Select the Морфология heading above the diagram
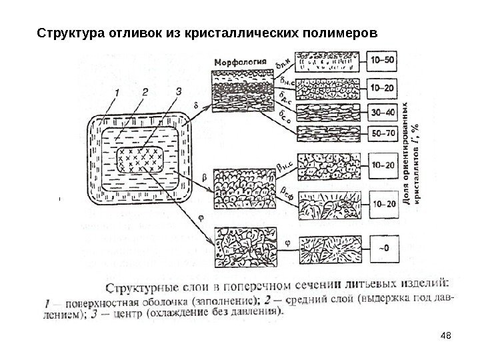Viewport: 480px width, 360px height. pos(239,63)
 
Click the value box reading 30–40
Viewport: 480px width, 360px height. pos(382,111)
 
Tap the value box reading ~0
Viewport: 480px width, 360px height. pos(382,248)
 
